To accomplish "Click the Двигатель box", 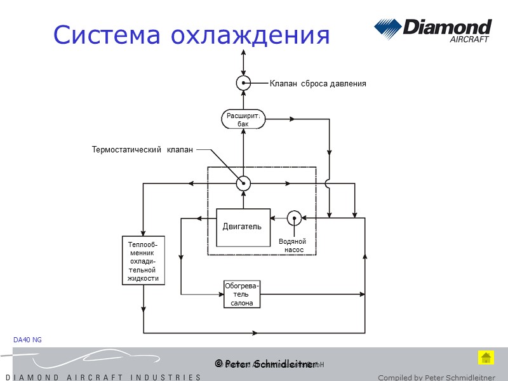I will click(243, 227).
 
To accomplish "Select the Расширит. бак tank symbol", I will click(243, 119).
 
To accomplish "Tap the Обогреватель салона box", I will click(242, 294).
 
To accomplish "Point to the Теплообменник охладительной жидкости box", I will click(143, 261).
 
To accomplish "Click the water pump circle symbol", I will click(294, 218).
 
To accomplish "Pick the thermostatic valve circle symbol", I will click(243, 183).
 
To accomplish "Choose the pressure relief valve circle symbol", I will click(243, 83).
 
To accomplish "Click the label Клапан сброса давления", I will click(317, 83).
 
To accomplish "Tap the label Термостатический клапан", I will click(142, 150).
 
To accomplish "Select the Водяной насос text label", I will click(292, 246).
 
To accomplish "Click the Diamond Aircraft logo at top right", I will click(432, 30).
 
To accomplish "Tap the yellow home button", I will click(486, 357).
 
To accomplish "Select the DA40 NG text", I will click(27, 340).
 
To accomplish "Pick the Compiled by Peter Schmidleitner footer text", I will click(436, 377).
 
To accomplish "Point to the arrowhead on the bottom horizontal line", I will click(255, 332).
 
